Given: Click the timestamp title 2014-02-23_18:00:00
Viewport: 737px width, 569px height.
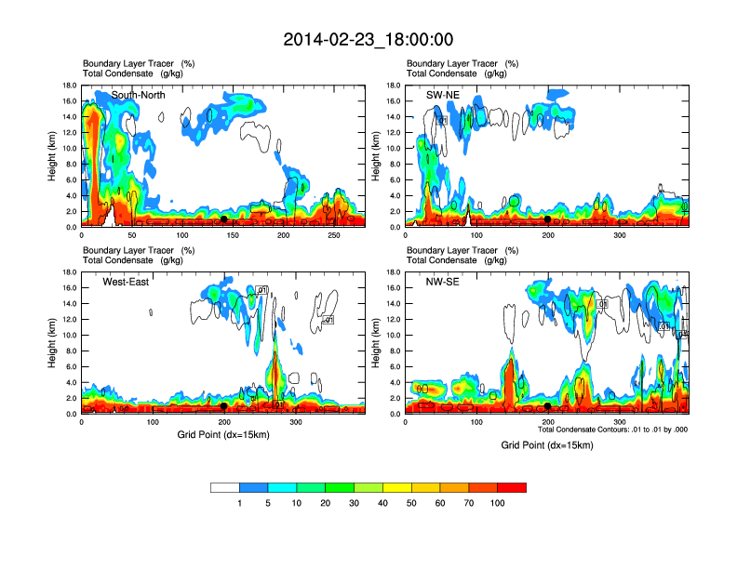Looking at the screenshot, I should point(368,39).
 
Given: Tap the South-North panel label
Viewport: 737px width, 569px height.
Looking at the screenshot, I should point(140,95).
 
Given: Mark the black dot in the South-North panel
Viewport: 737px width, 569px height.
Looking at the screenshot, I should point(223,218).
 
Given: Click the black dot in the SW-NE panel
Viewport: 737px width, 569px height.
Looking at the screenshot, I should point(548,218).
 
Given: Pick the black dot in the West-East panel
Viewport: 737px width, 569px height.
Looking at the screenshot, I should point(223,405).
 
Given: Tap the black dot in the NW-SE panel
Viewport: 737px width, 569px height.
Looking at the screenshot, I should point(548,405).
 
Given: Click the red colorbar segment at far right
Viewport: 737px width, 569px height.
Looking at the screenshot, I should point(512,487).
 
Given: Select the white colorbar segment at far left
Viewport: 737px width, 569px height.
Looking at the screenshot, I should point(225,487).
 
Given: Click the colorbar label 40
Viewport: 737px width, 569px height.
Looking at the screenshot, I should point(383,503).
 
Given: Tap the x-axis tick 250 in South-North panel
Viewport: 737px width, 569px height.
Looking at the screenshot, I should point(335,236).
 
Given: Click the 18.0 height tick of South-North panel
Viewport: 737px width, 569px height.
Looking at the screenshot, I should point(69,86).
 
